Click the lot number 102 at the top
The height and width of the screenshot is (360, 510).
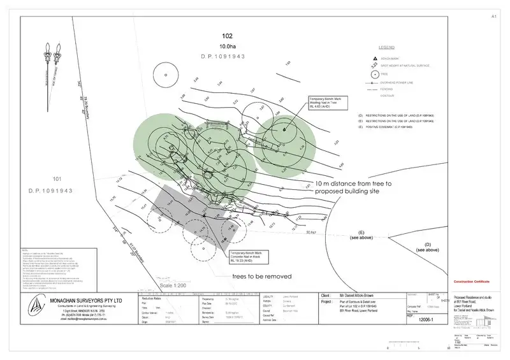228,36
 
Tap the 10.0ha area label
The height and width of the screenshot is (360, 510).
228,47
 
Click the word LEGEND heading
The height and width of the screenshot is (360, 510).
387,48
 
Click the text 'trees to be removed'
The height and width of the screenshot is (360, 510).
262,277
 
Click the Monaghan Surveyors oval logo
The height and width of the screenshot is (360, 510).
33,310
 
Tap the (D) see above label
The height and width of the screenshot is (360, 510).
427,247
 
